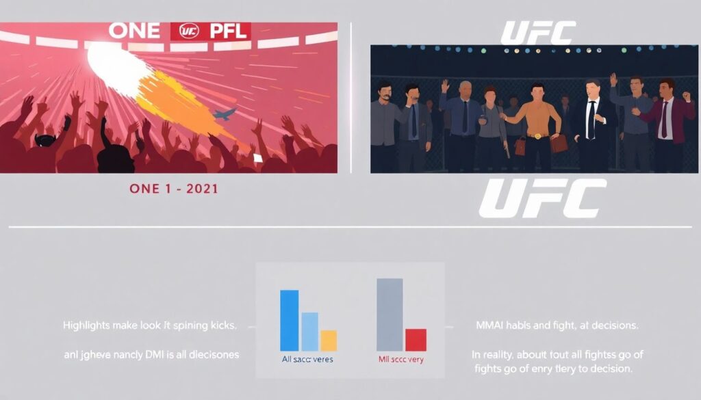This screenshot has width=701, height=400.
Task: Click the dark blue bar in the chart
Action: (289, 320)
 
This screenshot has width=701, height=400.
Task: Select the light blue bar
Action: (310, 332)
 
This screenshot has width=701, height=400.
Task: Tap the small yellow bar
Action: (329, 341)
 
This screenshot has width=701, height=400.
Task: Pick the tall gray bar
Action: (390, 315)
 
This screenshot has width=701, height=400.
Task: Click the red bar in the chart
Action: (416, 340)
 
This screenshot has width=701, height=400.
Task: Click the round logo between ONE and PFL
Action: (189, 31)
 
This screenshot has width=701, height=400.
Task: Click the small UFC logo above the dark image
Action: (538, 33)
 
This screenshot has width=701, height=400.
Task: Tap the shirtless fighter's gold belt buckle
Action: (536, 136)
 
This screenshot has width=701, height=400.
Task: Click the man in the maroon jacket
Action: (667, 120)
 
